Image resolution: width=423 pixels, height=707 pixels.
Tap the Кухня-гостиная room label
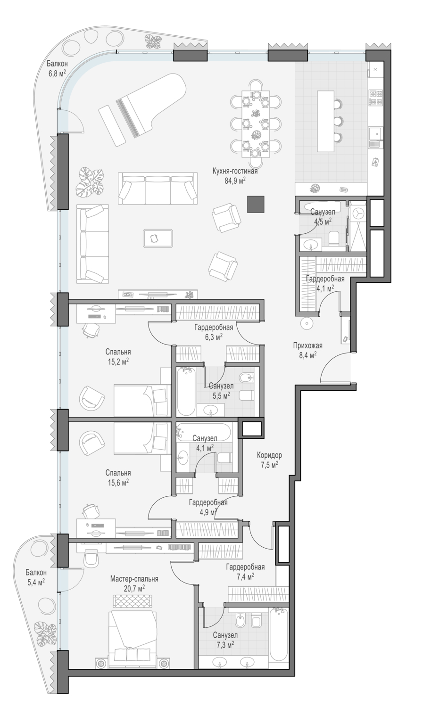(x=235, y=172)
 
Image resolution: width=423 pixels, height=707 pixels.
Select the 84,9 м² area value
(x=235, y=181)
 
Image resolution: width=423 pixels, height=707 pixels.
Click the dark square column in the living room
(x=256, y=204)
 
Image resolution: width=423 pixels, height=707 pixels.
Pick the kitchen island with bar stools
(x=326, y=121)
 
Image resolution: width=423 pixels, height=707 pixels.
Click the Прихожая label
(x=308, y=345)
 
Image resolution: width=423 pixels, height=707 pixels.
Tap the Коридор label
(x=269, y=455)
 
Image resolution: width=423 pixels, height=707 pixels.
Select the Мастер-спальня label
(x=134, y=579)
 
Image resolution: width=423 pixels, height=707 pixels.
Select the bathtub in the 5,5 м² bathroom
(x=186, y=391)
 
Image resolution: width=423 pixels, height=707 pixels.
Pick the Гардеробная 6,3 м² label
(x=214, y=332)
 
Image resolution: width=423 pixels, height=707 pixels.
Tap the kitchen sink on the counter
(x=376, y=133)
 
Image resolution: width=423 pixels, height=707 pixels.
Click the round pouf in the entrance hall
(x=307, y=323)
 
